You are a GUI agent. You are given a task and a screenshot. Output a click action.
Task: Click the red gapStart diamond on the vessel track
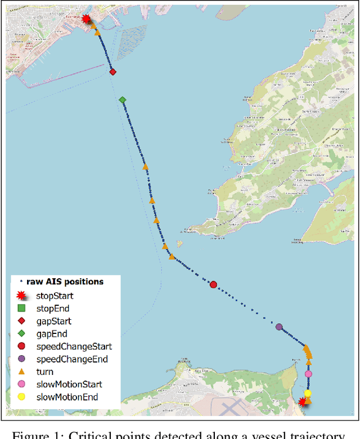click(112, 72)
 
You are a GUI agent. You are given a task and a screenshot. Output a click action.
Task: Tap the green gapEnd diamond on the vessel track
click(123, 100)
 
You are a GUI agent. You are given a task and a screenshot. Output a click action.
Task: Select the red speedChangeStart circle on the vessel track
click(213, 284)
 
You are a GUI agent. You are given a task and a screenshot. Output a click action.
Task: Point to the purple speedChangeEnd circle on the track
click(279, 327)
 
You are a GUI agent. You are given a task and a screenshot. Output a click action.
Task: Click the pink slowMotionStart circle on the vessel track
click(308, 374)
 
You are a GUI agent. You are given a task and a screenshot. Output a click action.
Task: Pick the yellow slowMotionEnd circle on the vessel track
click(308, 393)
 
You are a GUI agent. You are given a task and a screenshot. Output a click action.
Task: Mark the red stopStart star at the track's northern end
click(86, 19)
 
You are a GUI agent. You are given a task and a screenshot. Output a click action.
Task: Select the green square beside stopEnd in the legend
click(21, 308)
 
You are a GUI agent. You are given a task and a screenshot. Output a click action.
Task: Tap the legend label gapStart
click(54, 321)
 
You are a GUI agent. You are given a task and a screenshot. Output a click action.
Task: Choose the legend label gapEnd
click(52, 334)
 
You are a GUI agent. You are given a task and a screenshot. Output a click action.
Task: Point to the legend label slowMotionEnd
click(67, 397)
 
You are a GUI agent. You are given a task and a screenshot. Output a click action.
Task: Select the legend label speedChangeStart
click(74, 346)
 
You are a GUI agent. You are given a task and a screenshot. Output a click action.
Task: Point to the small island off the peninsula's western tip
click(179, 243)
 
